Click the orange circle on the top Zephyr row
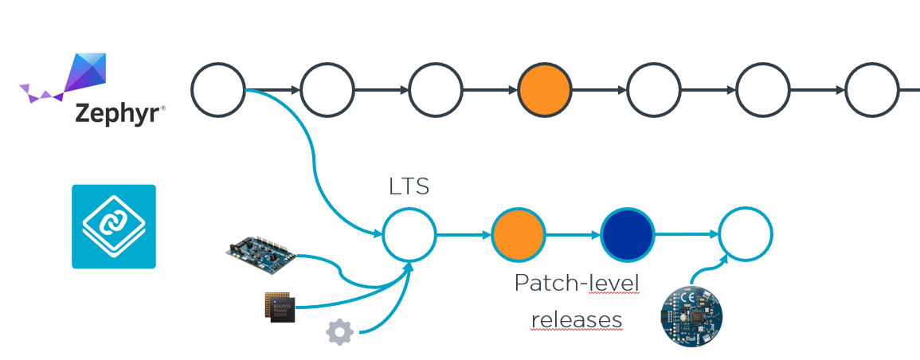545,90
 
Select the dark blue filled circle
627,234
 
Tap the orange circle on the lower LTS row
518,234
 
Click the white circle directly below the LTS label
409,234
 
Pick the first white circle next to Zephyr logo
217,90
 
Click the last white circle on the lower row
746,234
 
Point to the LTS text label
409,186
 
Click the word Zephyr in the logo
117,113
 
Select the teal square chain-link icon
114,226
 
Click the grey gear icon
339,332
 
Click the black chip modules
280,307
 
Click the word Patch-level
576,284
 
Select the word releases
576,320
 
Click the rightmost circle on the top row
872,90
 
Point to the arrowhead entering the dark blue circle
596,234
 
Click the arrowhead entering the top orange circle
514,90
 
